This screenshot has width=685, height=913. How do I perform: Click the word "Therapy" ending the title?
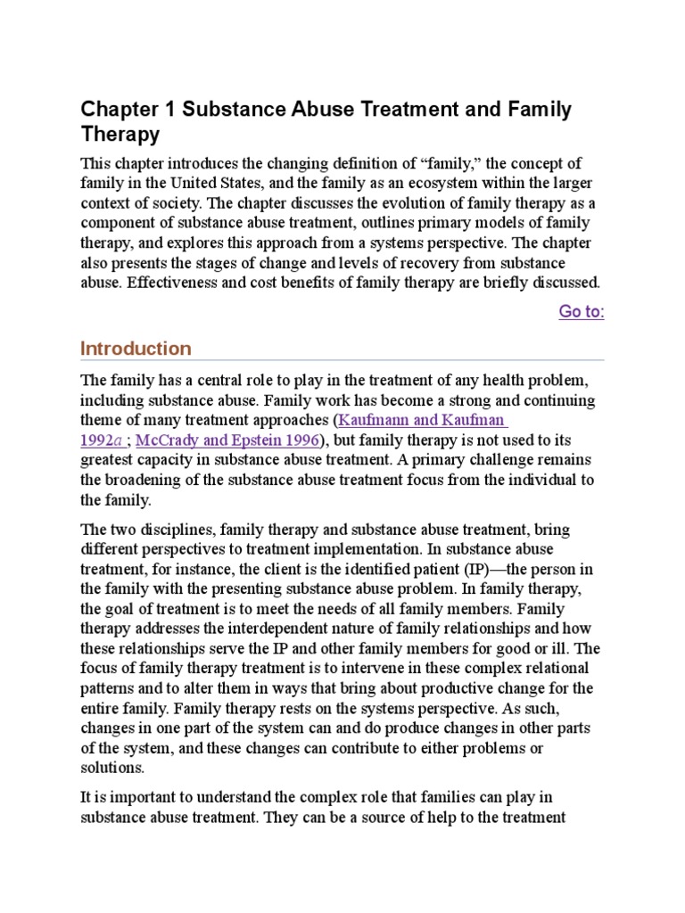tap(120, 135)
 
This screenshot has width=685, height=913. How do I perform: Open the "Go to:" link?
tap(582, 311)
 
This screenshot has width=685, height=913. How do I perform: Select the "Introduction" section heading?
tap(136, 348)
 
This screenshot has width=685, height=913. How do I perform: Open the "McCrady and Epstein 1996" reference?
tap(228, 440)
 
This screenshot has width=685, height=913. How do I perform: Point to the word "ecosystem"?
tap(447, 184)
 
